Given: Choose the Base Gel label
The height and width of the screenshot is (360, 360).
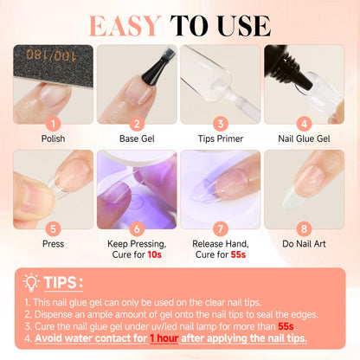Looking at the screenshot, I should click(137, 138).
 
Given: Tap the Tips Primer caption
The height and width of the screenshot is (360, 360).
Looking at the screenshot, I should click(221, 138).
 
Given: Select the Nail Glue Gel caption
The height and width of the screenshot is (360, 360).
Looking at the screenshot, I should click(305, 138).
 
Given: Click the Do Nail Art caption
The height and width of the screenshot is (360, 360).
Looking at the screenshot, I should click(305, 246).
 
